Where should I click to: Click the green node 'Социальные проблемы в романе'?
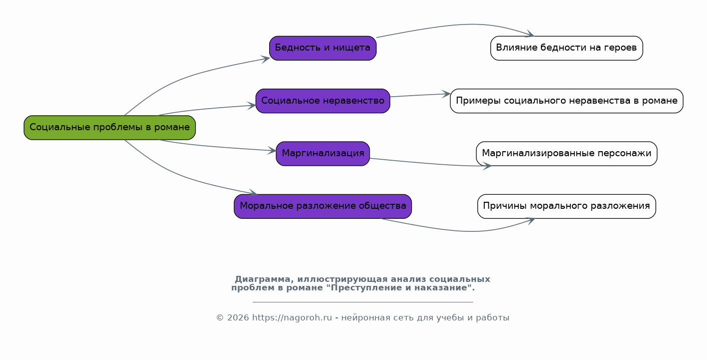pyautogui.click(x=110, y=128)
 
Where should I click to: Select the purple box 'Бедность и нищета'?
pyautogui.click(x=323, y=48)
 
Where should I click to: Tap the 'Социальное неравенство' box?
pyautogui.click(x=323, y=101)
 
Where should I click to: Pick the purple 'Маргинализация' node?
pyautogui.click(x=323, y=154)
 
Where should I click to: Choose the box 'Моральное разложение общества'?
pyautogui.click(x=323, y=206)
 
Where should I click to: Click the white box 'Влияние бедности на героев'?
pyautogui.click(x=566, y=48)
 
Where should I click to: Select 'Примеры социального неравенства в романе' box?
pyautogui.click(x=566, y=101)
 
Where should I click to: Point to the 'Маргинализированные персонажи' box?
pyautogui.click(x=566, y=154)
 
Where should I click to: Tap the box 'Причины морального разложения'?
pyautogui.click(x=566, y=206)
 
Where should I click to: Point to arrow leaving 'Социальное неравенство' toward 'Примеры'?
pyautogui.click(x=420, y=95)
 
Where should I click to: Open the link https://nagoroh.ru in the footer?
pyautogui.click(x=292, y=318)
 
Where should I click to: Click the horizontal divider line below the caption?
pyautogui.click(x=362, y=302)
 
